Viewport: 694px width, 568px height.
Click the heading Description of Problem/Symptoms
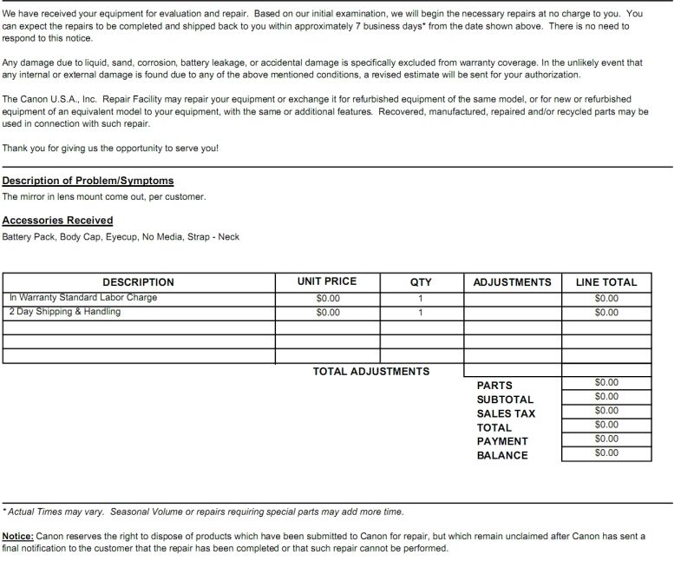pyautogui.click(x=88, y=181)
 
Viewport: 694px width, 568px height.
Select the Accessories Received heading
pyautogui.click(x=57, y=221)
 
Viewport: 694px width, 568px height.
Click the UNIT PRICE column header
pyautogui.click(x=326, y=281)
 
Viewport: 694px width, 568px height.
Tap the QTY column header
pyautogui.click(x=421, y=282)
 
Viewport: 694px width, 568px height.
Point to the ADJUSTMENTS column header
pyautogui.click(x=512, y=282)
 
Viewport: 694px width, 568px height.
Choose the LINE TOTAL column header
pyautogui.click(x=606, y=282)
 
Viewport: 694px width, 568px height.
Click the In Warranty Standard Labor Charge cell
pyautogui.click(x=83, y=298)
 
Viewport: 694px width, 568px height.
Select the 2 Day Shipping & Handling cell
pyautogui.click(x=65, y=312)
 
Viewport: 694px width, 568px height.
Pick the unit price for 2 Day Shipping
pyautogui.click(x=328, y=313)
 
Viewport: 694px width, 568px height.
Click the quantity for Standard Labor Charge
pyautogui.click(x=421, y=299)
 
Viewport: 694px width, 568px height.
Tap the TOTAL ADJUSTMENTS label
pyautogui.click(x=370, y=372)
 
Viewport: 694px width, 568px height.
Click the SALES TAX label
pyautogui.click(x=506, y=414)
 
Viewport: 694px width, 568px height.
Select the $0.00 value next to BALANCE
pyautogui.click(x=606, y=453)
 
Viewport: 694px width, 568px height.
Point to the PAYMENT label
pyautogui.click(x=502, y=442)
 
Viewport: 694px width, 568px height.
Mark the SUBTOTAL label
pyautogui.click(x=505, y=400)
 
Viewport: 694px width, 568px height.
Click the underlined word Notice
pyautogui.click(x=17, y=537)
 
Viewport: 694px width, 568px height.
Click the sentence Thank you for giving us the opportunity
pyautogui.click(x=110, y=149)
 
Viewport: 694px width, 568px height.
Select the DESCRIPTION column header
pyautogui.click(x=138, y=282)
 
